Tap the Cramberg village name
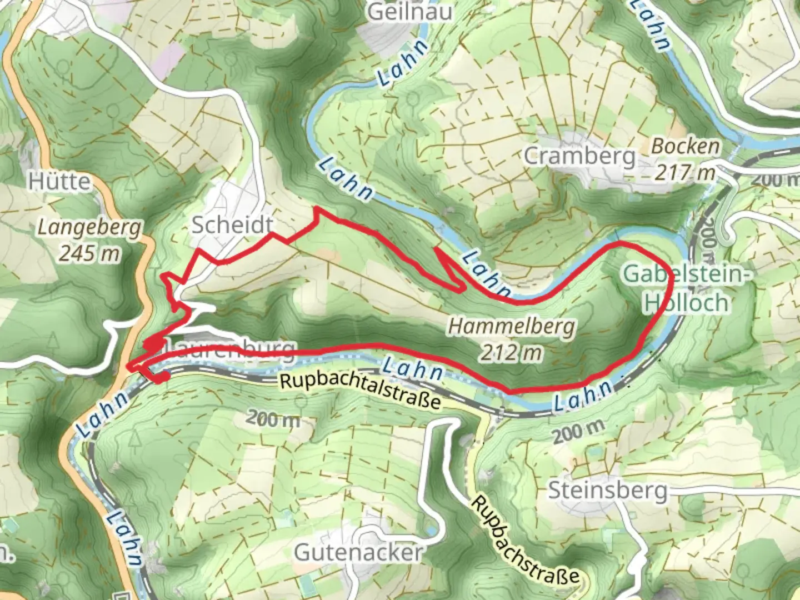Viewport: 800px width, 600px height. tap(579, 156)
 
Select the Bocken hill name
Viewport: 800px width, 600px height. tap(686, 147)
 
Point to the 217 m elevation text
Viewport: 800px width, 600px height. tap(684, 172)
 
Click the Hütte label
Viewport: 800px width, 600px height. tap(59, 182)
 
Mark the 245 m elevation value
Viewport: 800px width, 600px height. tap(89, 253)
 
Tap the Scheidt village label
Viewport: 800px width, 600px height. tap(232, 225)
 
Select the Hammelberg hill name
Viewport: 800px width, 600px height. tap(511, 327)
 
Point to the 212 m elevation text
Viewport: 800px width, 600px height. tap(511, 352)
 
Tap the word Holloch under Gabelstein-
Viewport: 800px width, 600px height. tap(686, 303)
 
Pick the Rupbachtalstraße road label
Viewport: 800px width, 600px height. tap(360, 390)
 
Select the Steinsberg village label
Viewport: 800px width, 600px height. tap(608, 491)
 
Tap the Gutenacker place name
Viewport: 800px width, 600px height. tap(358, 552)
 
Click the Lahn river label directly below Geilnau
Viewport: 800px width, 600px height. tap(403, 63)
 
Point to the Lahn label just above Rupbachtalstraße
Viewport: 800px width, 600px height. tap(413, 369)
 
